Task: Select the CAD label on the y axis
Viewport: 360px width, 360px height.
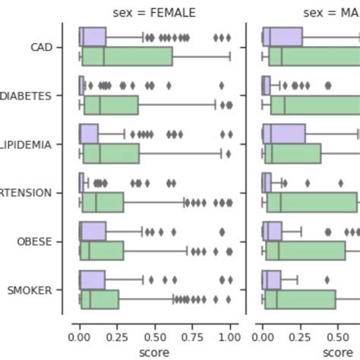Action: pyautogui.click(x=39, y=47)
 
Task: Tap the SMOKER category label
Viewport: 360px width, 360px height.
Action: pyautogui.click(x=30, y=290)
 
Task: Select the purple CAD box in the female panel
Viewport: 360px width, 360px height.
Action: pyautogui.click(x=93, y=37)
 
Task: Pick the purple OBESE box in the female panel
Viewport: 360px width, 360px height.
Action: pyautogui.click(x=93, y=232)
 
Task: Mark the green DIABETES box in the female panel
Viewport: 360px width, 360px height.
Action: pyautogui.click(x=111, y=105)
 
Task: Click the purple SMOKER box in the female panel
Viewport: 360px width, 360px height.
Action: pyautogui.click(x=92, y=280)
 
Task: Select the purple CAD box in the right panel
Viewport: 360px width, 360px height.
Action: pyautogui.click(x=283, y=37)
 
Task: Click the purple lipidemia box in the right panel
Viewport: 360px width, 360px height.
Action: pyautogui.click(x=284, y=134)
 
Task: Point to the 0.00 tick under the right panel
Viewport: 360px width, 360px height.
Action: pyautogui.click(x=263, y=336)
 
